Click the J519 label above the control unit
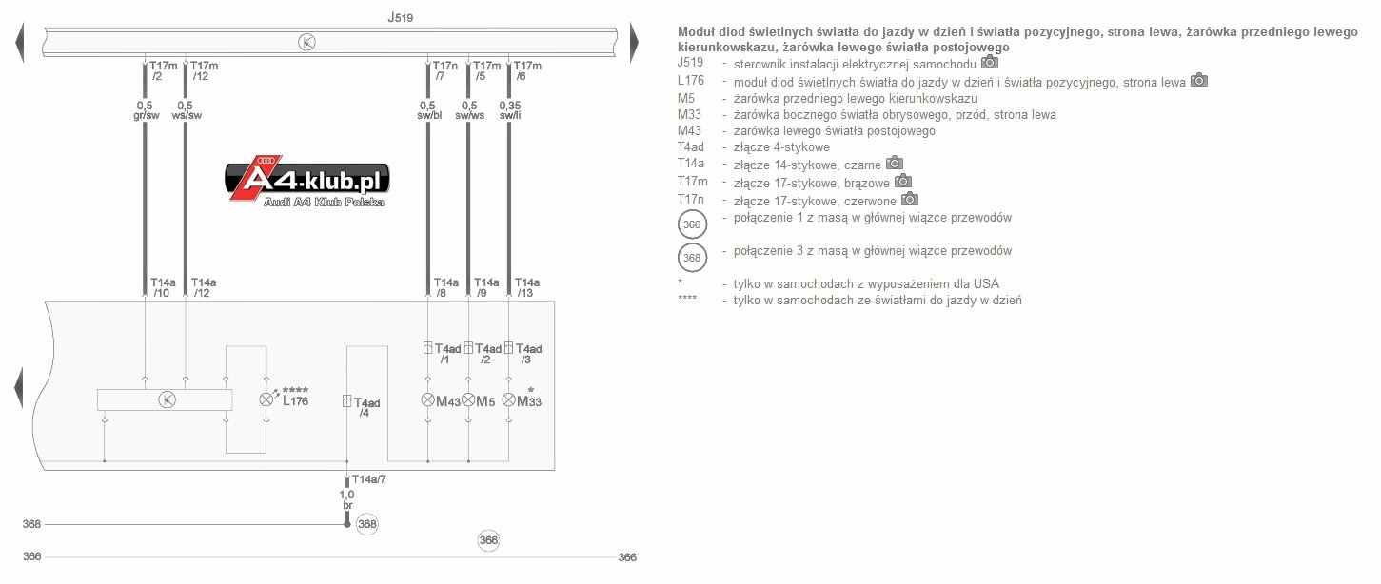click(x=400, y=17)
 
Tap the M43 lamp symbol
click(x=428, y=399)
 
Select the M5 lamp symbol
click(x=468, y=399)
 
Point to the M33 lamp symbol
click(x=508, y=399)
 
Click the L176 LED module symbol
click(x=266, y=399)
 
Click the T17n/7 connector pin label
click(x=444, y=70)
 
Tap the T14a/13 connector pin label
click(x=527, y=287)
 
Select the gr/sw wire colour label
click(x=147, y=115)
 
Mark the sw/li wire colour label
click(x=510, y=115)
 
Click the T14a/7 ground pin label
click(x=368, y=479)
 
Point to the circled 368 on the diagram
click(x=366, y=524)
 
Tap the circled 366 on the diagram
click(x=488, y=540)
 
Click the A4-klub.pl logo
click(x=307, y=181)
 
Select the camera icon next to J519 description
click(x=990, y=62)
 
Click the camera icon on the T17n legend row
click(x=909, y=199)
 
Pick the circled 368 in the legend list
click(x=692, y=258)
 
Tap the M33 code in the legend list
click(x=689, y=114)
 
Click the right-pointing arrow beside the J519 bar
click(x=634, y=43)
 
